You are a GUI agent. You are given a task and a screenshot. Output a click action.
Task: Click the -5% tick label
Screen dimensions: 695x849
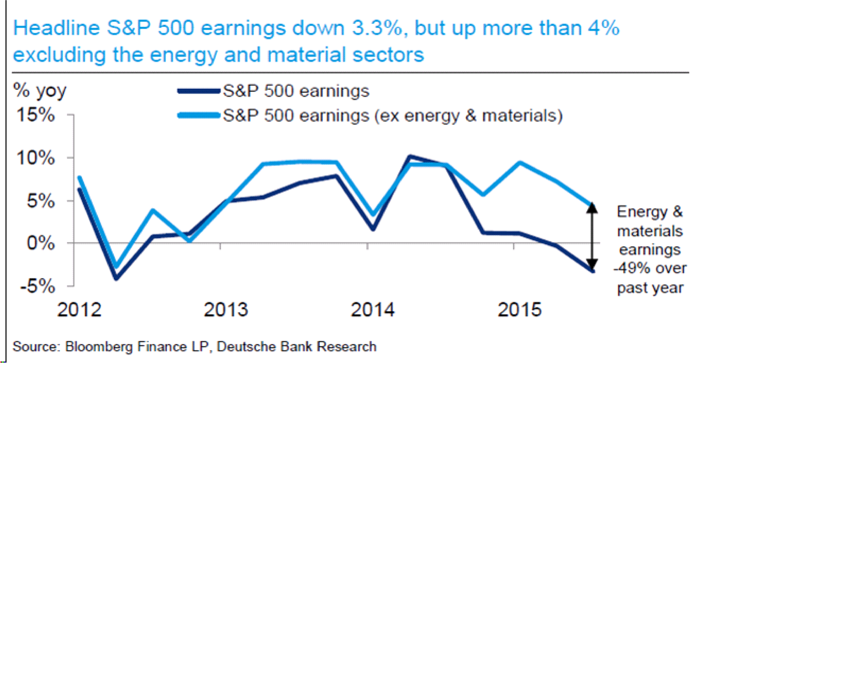coord(37,286)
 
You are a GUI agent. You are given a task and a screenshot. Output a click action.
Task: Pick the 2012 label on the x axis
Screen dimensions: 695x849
coord(79,310)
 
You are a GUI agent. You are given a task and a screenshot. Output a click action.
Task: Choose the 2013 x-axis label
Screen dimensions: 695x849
coord(226,310)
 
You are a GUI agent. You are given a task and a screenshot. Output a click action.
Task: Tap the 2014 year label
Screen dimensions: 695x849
coord(372,310)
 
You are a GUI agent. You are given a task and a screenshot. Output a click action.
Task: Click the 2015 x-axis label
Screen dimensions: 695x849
coord(519,310)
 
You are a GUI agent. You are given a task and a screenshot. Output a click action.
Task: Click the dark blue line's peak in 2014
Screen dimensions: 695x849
coord(409,157)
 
